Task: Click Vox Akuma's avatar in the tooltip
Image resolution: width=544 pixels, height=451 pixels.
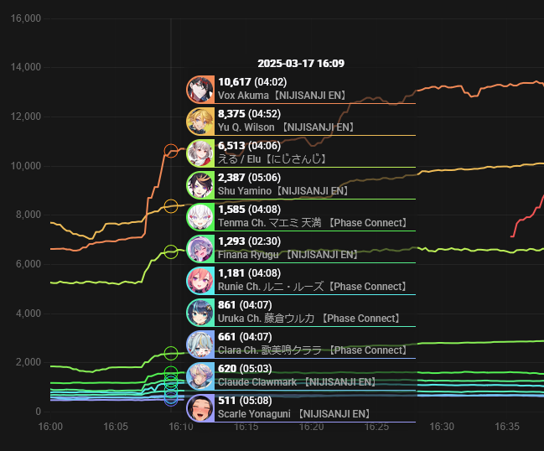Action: (x=200, y=89)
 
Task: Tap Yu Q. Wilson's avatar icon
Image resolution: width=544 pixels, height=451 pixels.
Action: (x=200, y=121)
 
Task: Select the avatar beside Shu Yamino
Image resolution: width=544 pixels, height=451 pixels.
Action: (x=200, y=184)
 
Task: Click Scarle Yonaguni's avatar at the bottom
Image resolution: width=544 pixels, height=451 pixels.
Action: (x=200, y=407)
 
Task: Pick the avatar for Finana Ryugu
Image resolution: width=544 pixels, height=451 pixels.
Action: (x=200, y=248)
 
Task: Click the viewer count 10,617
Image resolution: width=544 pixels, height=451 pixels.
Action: (x=234, y=82)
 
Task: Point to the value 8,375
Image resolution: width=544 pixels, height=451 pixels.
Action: (x=231, y=114)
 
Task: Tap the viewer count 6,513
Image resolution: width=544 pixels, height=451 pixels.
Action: (x=231, y=146)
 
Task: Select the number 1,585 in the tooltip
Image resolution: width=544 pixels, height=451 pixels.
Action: (x=231, y=210)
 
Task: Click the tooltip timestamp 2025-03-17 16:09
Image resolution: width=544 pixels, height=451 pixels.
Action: (x=300, y=64)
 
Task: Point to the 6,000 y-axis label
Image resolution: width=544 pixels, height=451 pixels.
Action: (x=27, y=264)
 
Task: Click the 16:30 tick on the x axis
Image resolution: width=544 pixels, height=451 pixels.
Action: (x=442, y=427)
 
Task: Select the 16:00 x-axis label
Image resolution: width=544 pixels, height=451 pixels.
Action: (x=51, y=427)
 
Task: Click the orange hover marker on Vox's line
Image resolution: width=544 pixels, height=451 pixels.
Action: (x=171, y=152)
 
